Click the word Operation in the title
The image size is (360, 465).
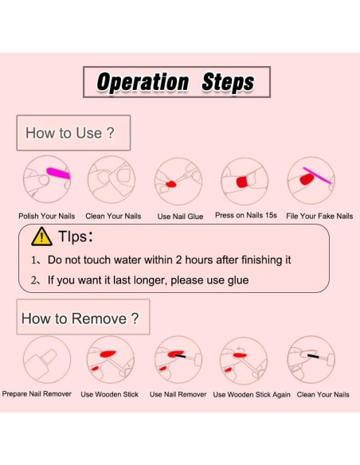click(x=143, y=82)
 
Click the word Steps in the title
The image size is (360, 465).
click(x=228, y=82)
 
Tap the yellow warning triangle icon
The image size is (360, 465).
click(x=41, y=236)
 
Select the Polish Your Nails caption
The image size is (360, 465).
click(x=46, y=216)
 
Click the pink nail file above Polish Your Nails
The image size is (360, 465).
click(x=58, y=173)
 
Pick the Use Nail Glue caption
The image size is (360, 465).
click(x=180, y=217)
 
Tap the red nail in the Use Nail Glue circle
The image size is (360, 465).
click(x=171, y=185)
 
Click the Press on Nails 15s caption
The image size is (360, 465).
click(x=246, y=215)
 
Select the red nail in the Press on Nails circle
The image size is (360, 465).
click(x=242, y=182)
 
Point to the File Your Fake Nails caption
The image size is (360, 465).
click(x=319, y=217)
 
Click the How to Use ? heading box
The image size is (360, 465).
click(x=73, y=133)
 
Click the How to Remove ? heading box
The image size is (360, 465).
click(x=83, y=317)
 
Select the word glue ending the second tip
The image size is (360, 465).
click(x=238, y=280)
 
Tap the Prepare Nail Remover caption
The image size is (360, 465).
click(x=37, y=394)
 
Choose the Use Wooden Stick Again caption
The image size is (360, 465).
click(x=252, y=394)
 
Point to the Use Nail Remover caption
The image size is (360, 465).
click(x=178, y=394)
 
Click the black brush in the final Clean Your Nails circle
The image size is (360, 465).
click(x=313, y=356)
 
